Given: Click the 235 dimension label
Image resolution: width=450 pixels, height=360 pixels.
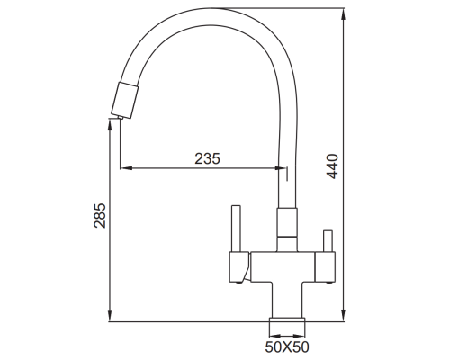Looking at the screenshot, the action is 207,158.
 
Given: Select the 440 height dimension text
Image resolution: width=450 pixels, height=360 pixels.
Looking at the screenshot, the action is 332,166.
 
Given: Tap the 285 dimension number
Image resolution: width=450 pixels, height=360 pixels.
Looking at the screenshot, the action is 100,216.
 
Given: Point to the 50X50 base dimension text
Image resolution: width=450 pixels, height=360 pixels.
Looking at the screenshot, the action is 287,346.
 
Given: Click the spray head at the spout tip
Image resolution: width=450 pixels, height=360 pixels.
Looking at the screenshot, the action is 125,100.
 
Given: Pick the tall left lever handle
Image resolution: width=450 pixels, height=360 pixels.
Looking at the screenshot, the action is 236,229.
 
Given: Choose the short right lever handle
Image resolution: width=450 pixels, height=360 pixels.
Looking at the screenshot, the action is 327,241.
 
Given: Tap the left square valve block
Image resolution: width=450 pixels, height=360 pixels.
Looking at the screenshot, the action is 239,267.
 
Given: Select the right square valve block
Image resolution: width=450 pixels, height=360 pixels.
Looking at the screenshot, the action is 325,267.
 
